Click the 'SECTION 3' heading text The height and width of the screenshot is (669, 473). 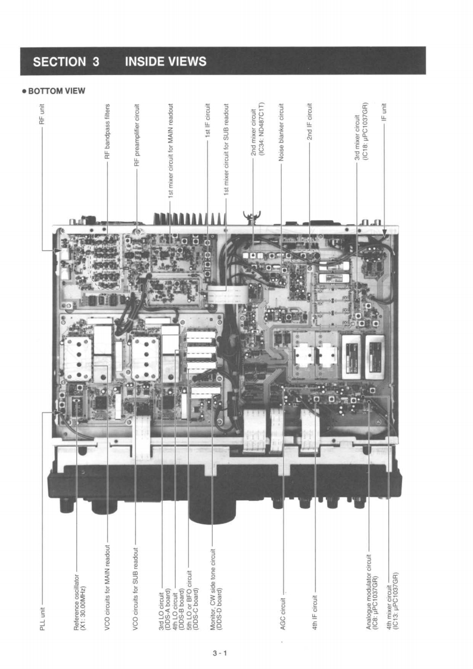tap(66, 61)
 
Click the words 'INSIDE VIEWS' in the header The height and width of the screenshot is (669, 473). tap(166, 61)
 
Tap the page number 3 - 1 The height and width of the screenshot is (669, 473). tap(220, 653)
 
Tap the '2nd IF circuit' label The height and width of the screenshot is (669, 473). tap(310, 123)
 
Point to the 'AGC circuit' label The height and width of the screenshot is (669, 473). tap(283, 614)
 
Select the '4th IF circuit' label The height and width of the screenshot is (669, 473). tap(315, 612)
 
